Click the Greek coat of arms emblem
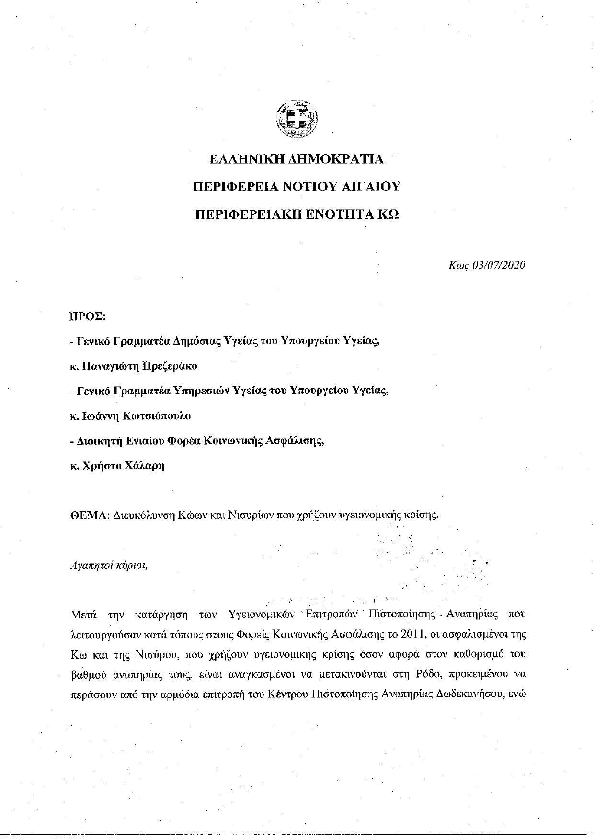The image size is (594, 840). pyautogui.click(x=297, y=118)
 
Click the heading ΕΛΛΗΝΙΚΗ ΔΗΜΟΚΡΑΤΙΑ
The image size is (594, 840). pyautogui.click(x=297, y=159)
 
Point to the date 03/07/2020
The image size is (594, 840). pyautogui.click(x=499, y=265)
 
